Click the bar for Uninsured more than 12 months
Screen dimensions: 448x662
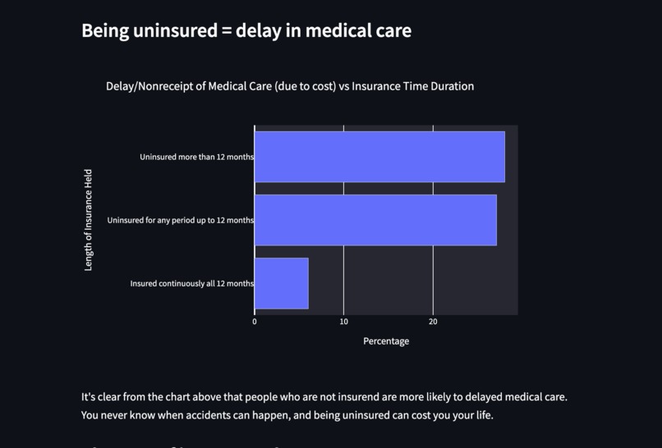coord(379,157)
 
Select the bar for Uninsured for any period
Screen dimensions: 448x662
coord(375,220)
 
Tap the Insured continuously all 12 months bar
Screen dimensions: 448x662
coord(281,283)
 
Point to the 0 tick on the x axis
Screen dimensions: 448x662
coord(255,322)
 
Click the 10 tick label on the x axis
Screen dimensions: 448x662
coord(343,322)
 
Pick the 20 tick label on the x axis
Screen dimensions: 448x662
coord(433,322)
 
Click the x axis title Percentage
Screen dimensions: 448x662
coord(386,341)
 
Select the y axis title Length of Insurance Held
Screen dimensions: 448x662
coord(89,220)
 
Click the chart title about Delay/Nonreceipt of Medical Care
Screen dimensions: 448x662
coord(289,86)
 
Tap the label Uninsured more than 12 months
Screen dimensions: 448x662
coord(196,157)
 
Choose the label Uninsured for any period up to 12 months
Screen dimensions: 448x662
coord(180,220)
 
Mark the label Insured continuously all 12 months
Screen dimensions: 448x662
coord(191,284)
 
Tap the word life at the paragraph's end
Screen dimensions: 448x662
coord(482,415)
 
